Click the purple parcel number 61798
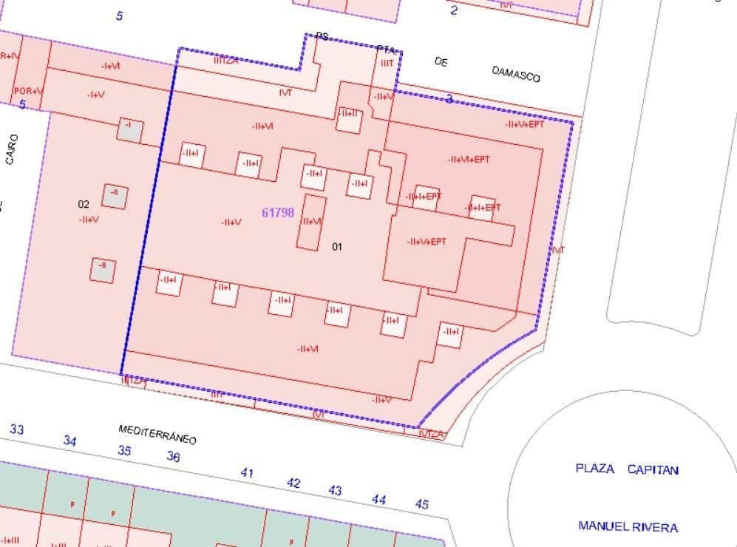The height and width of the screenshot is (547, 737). (x=278, y=213)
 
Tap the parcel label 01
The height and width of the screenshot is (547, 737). (x=337, y=246)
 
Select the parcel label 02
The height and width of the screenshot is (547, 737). (x=84, y=204)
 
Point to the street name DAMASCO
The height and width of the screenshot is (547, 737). (x=516, y=73)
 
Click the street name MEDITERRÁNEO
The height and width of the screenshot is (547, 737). (x=157, y=434)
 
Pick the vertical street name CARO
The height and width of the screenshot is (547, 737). (x=11, y=149)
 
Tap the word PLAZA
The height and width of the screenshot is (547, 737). (x=595, y=469)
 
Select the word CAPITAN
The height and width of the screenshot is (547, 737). (x=653, y=469)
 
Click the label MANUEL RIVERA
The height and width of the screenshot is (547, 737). (x=628, y=527)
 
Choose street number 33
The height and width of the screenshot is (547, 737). (x=16, y=429)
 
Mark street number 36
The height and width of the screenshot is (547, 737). (x=173, y=457)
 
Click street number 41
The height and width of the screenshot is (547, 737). (x=247, y=472)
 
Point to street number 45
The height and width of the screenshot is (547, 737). (x=421, y=504)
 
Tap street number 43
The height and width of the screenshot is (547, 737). (x=335, y=490)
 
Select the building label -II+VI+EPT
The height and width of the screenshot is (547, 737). (x=469, y=159)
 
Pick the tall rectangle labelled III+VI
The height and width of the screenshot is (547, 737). (x=311, y=222)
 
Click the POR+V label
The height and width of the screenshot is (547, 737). (x=28, y=91)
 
